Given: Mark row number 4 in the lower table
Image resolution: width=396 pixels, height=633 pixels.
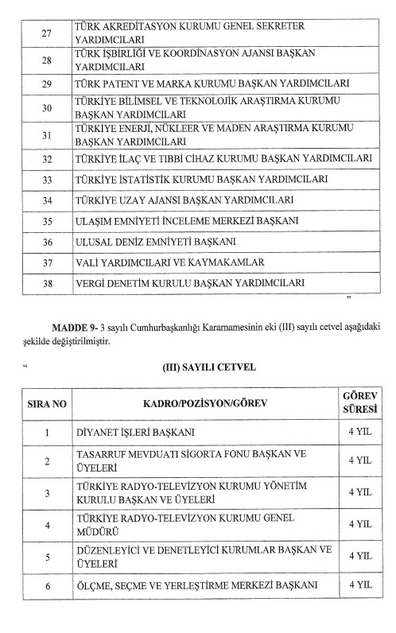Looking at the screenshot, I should pos(47,526).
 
